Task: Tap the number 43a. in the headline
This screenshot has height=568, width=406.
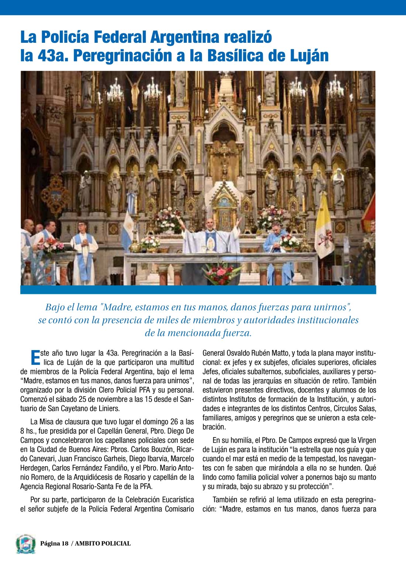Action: coord(53,56)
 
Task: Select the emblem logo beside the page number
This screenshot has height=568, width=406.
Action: coord(26,544)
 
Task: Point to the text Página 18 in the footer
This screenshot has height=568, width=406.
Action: coord(54,543)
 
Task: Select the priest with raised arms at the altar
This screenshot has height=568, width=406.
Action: coord(210,236)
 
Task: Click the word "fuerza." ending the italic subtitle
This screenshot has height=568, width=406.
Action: coord(237,333)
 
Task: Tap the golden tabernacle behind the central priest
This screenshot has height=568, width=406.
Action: coord(224,207)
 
